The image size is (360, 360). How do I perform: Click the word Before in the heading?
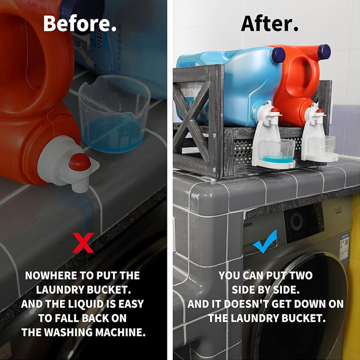(77, 23)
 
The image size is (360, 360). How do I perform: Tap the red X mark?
(83, 243)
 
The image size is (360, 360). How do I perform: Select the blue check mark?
(265, 241)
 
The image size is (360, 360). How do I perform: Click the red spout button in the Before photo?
(80, 162)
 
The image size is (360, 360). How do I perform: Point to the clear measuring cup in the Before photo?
(114, 113)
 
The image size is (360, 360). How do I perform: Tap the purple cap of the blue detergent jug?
(278, 55)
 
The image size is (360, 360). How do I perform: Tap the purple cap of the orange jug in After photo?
(324, 52)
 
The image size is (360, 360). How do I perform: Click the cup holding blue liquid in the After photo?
(278, 151)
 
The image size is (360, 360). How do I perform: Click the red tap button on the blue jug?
(275, 110)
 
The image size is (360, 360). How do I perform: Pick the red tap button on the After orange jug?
(319, 111)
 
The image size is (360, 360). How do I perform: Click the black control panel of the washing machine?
(303, 222)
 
